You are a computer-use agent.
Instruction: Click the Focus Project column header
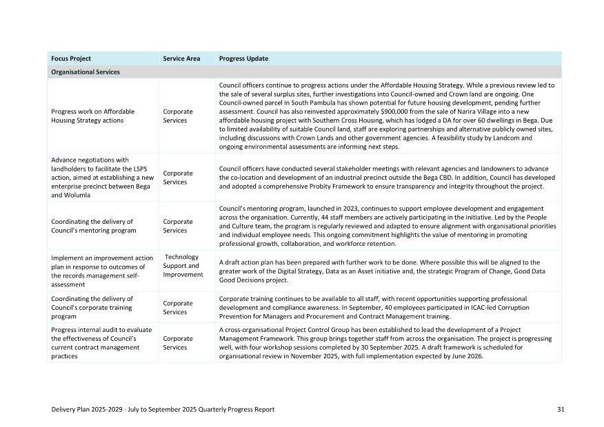71,59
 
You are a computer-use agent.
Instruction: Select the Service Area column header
181,59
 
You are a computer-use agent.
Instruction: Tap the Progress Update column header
243,59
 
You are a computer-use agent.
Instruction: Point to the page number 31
561,409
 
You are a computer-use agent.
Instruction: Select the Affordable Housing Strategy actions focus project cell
93,116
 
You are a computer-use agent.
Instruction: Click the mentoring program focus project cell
88,226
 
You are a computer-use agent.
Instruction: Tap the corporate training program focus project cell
92,307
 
